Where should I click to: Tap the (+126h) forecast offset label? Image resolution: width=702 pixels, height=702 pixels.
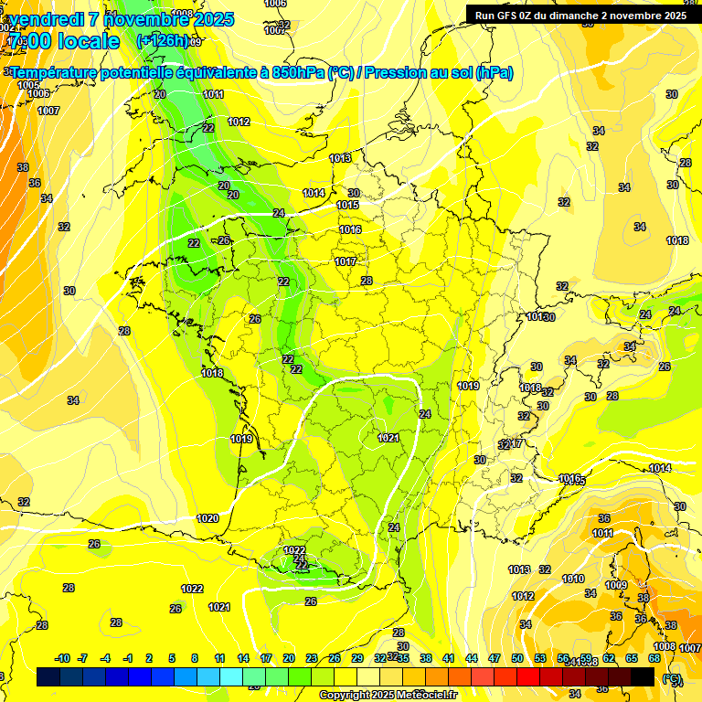(162, 40)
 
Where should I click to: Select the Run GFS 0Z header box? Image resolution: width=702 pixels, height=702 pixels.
(580, 15)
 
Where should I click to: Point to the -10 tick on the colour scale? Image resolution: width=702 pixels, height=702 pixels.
(62, 658)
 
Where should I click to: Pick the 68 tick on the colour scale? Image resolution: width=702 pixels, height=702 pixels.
(654, 658)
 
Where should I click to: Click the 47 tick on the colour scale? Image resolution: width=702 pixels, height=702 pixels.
(495, 658)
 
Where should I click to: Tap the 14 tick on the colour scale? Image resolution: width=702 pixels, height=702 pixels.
(242, 658)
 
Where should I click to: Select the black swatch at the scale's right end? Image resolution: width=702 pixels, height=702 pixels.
(643, 676)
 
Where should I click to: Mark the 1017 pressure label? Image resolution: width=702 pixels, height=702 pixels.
(345, 261)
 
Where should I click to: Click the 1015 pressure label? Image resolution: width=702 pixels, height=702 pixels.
(347, 205)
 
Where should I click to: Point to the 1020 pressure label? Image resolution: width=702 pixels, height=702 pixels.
(207, 518)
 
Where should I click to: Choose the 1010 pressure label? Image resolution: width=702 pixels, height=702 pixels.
(573, 579)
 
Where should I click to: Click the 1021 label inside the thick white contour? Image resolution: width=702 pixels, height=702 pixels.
(388, 438)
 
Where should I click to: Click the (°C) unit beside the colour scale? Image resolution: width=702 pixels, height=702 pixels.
(672, 679)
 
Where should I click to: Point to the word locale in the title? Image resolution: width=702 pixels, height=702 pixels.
(88, 41)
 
